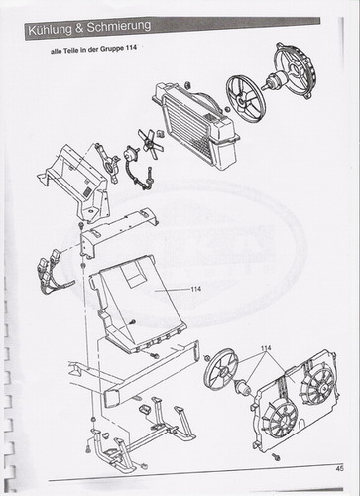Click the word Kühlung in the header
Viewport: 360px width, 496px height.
pyautogui.click(x=50, y=30)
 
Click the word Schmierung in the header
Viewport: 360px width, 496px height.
pyautogui.click(x=119, y=27)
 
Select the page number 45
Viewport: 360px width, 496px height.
pyautogui.click(x=339, y=468)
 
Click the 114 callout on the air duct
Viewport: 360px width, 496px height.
pyautogui.click(x=195, y=289)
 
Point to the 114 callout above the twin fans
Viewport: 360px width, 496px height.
pyautogui.click(x=266, y=348)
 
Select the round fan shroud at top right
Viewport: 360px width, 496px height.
pyautogui.click(x=295, y=70)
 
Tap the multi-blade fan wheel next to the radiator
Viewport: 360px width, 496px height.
pyautogui.click(x=246, y=99)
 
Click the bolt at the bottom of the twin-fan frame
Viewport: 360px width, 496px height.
pyautogui.click(x=276, y=457)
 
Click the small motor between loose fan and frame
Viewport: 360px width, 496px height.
pyautogui.click(x=244, y=387)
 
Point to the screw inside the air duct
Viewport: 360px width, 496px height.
pyautogui.click(x=133, y=321)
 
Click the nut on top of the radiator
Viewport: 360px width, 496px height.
pyautogui.click(x=187, y=84)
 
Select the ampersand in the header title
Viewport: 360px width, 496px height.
pyautogui.click(x=79, y=29)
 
